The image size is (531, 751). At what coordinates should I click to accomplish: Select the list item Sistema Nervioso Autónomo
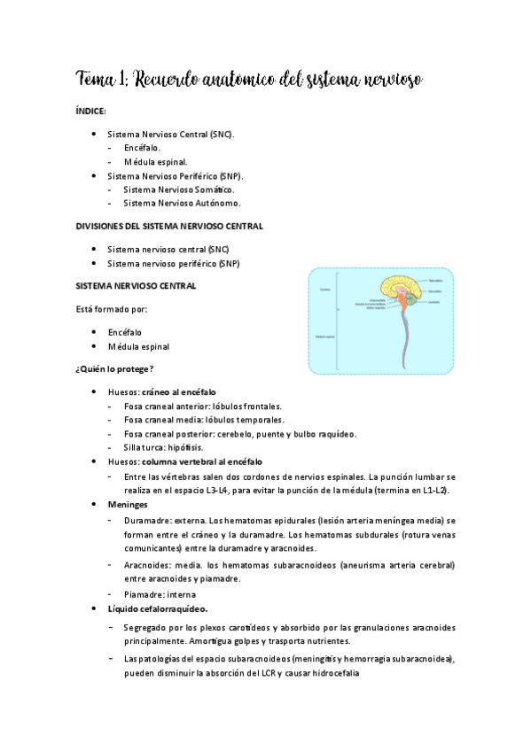[x=182, y=203]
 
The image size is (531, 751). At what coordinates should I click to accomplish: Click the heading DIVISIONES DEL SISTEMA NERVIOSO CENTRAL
[x=168, y=226]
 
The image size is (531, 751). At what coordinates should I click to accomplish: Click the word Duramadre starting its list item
[x=149, y=521]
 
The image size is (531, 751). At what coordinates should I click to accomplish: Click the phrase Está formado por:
[x=112, y=309]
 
